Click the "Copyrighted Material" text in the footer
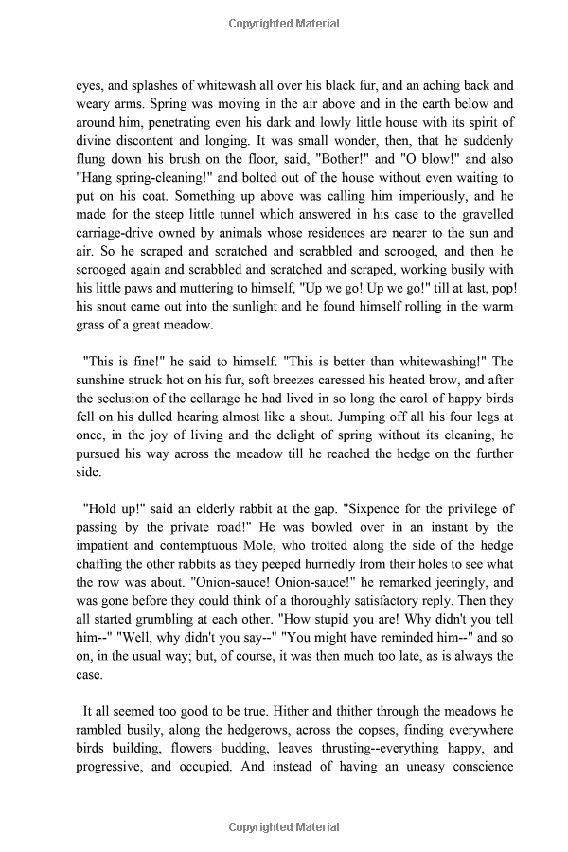283,834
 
